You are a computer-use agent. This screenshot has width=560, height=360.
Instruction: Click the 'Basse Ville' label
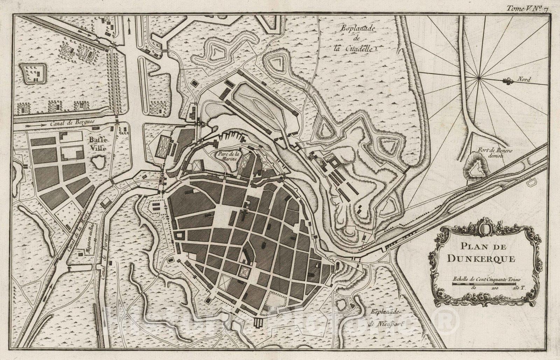99,144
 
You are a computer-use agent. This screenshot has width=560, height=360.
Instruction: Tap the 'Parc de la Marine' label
228,156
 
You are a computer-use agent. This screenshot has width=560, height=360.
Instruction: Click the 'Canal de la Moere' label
78,230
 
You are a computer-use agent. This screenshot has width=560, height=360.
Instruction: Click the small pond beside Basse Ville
98,162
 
